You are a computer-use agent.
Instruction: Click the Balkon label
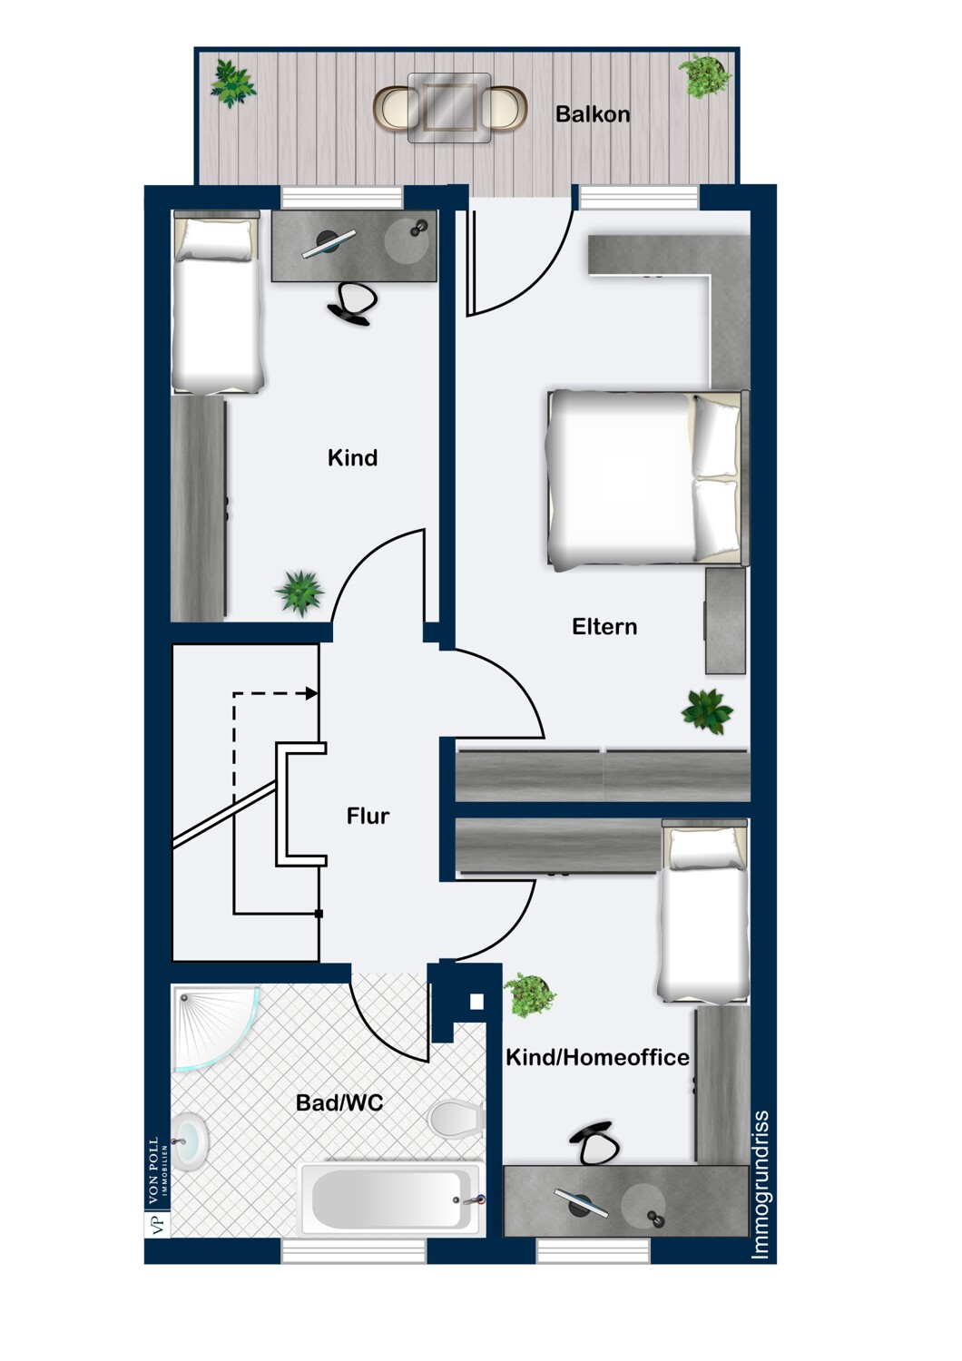(593, 114)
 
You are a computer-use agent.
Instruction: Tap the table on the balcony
(449, 108)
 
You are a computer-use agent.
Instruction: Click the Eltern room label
(604, 626)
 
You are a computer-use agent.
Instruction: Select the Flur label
(368, 816)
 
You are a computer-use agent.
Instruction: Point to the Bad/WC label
(339, 1102)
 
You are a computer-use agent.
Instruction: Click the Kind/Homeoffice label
(598, 1058)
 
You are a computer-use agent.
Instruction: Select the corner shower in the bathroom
(215, 1027)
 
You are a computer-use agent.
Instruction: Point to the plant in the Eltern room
(707, 711)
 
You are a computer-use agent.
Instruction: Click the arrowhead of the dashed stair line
(312, 693)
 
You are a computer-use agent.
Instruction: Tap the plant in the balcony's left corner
(232, 83)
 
